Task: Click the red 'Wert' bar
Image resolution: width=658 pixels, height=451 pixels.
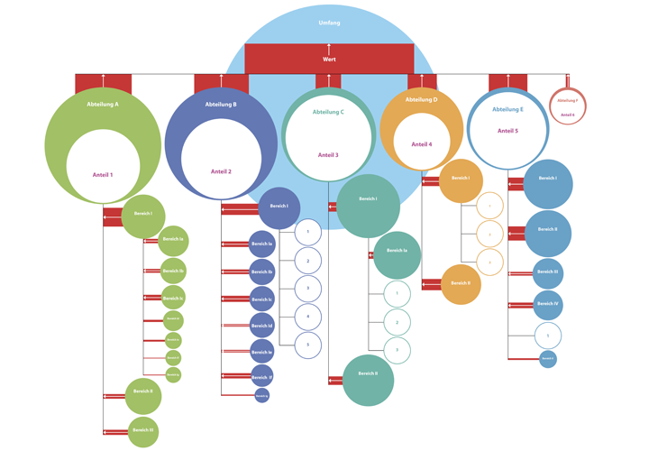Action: point(329,59)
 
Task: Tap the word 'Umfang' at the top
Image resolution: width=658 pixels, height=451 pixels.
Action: point(329,23)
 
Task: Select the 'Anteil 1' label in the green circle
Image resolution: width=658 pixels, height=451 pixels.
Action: point(103,174)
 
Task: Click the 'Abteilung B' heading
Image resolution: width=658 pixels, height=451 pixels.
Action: point(221,105)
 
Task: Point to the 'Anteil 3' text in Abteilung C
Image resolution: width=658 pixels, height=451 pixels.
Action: point(328,155)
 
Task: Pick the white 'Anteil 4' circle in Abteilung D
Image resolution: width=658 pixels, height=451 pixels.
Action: point(422,143)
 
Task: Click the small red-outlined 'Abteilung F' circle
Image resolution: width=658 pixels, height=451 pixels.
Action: point(568,106)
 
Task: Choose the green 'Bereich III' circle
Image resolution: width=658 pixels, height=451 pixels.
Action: point(143,431)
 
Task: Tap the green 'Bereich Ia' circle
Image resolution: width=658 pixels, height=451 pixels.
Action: point(173,240)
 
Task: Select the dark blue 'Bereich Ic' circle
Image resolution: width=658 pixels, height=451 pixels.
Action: point(261,299)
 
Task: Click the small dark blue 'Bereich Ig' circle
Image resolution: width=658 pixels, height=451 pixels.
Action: point(261,395)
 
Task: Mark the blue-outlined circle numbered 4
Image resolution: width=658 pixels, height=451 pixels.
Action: point(307,317)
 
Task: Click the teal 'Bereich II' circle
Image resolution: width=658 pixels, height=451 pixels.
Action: point(368,380)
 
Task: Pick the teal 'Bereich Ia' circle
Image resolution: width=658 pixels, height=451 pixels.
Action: point(397,254)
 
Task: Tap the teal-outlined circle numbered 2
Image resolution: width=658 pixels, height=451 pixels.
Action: point(397,322)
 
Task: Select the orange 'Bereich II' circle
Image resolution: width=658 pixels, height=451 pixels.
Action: point(461,284)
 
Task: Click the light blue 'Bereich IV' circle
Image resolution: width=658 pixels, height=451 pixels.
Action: point(548,305)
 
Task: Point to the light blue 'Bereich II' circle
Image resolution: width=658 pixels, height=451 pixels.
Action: point(548,233)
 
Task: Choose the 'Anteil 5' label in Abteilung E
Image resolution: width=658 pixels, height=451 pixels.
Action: point(507,131)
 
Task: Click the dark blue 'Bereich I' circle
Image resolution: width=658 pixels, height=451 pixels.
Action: point(279,208)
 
